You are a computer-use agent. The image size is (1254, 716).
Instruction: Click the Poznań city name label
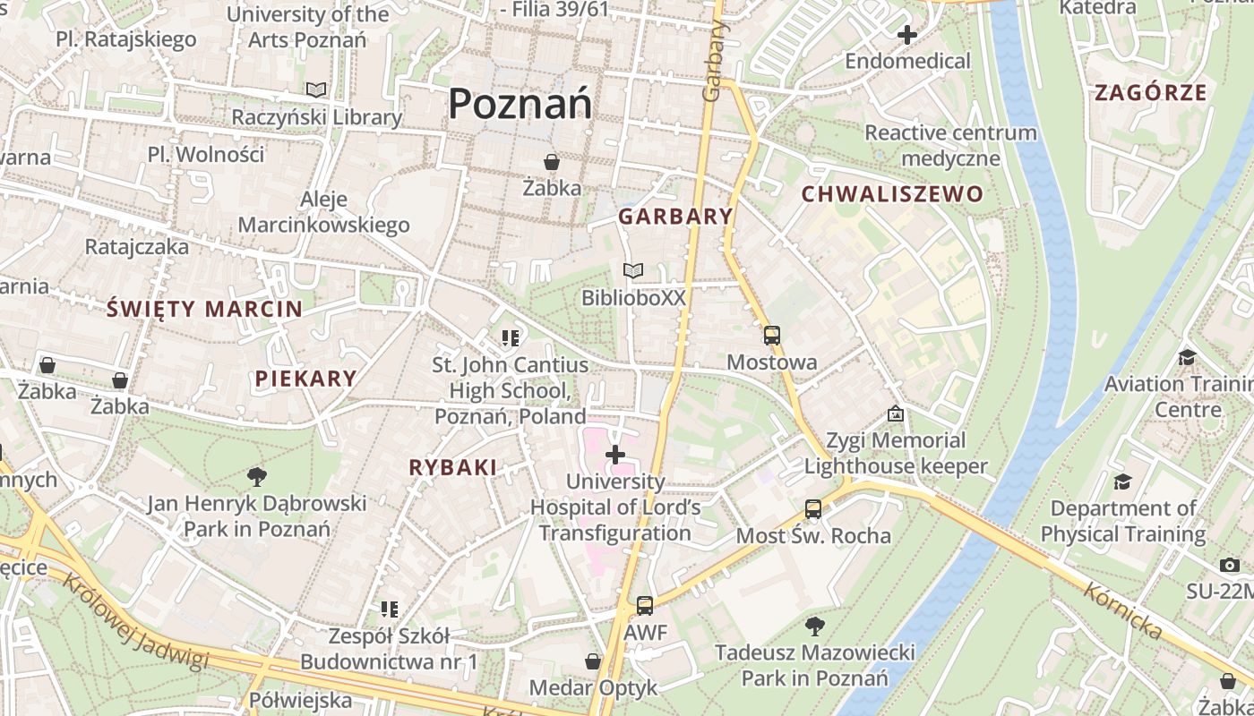(520, 104)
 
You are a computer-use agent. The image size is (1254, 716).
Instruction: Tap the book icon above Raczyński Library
(315, 89)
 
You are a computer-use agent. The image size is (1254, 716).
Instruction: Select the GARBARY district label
(675, 217)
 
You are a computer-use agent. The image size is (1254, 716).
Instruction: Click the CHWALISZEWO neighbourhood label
(891, 194)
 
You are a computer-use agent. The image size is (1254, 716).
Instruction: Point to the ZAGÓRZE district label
(1151, 92)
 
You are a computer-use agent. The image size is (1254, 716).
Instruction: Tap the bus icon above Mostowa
(771, 336)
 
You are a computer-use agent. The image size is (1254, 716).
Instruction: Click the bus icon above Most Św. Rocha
(813, 509)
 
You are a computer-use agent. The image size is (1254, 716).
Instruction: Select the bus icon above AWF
(645, 606)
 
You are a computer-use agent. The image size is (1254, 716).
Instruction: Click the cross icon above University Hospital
(615, 455)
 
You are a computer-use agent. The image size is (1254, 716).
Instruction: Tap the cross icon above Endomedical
(907, 36)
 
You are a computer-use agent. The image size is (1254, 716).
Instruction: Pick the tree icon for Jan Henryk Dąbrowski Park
(257, 476)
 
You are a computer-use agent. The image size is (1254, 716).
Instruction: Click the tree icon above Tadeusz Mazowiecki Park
(814, 626)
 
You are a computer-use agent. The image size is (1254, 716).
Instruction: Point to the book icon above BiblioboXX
(633, 270)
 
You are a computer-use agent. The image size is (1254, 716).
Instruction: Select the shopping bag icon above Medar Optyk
(593, 661)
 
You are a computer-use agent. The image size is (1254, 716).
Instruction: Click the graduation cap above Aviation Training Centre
(1188, 357)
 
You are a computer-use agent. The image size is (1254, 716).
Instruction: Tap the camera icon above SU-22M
(1229, 565)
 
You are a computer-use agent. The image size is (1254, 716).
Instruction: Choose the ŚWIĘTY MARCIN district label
(204, 310)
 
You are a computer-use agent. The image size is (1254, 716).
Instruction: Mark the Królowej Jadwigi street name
(134, 619)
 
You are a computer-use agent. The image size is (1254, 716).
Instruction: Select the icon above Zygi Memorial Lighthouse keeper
(895, 413)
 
